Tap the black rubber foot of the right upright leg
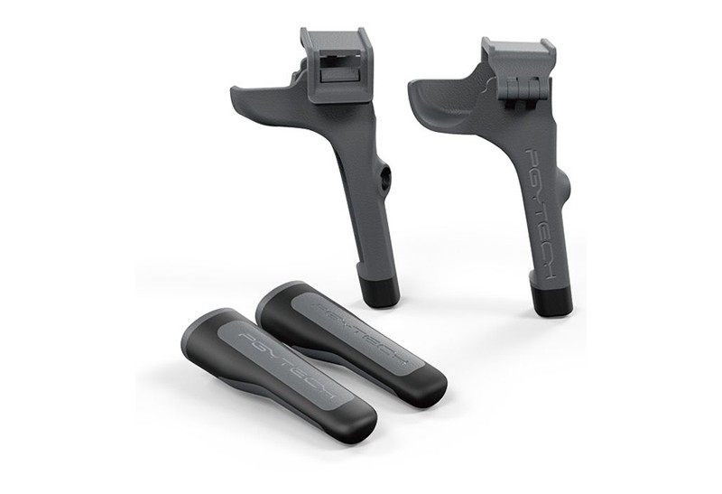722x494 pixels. tap(551, 297)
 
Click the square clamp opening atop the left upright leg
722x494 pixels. tap(337, 63)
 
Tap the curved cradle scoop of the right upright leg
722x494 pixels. tap(441, 100)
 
